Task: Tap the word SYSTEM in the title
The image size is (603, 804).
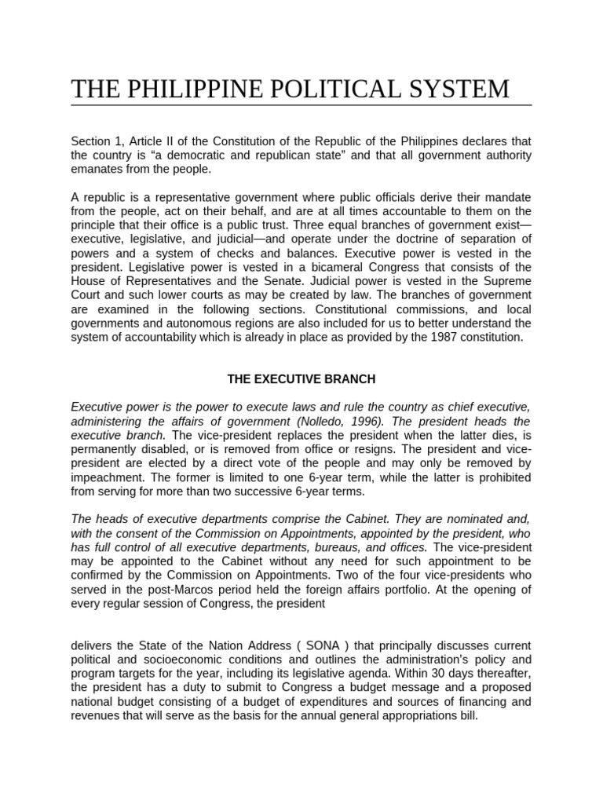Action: pos(459,89)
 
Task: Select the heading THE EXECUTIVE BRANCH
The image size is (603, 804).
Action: pos(301,379)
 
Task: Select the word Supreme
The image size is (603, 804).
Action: pos(510,280)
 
